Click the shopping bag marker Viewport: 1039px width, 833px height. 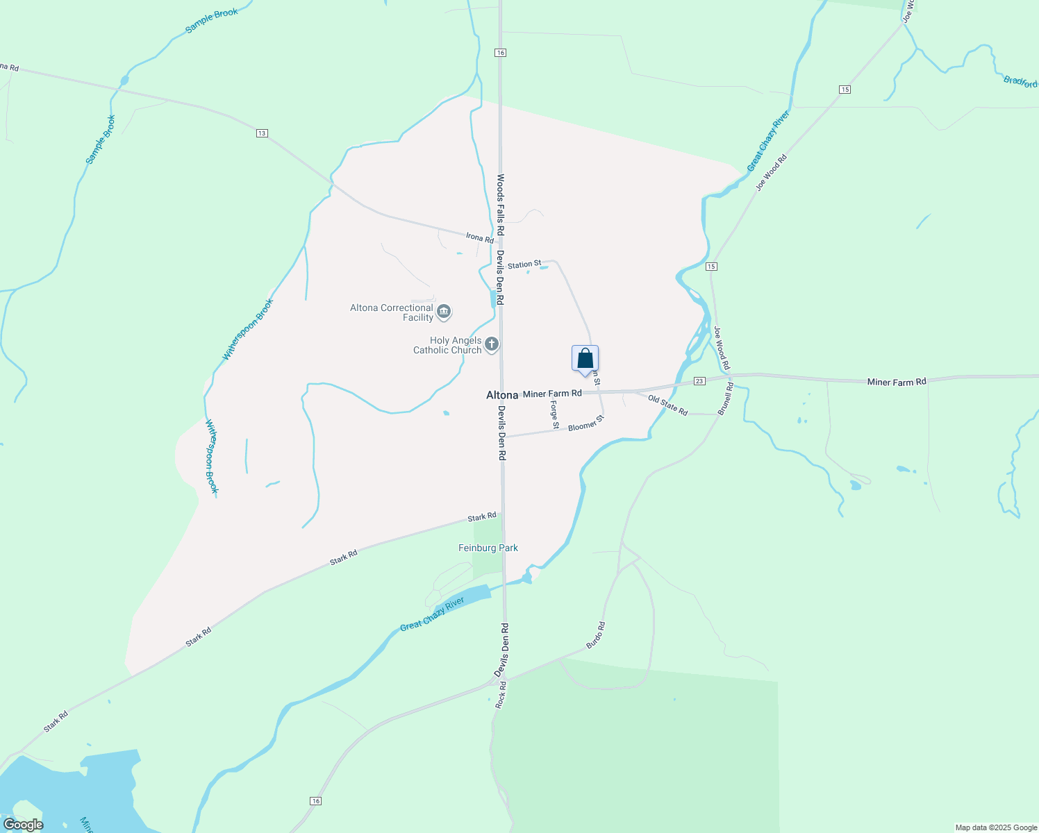(585, 359)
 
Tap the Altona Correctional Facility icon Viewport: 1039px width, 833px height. (444, 312)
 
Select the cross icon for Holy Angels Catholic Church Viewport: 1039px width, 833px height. (491, 344)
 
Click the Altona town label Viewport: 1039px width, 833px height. (502, 395)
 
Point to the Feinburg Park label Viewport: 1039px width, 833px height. (488, 548)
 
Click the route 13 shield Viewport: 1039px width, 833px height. (262, 133)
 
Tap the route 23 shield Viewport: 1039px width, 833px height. (699, 381)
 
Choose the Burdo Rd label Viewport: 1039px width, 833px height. (596, 635)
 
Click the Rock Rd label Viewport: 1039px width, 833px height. (501, 694)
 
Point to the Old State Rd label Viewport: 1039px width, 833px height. (667, 405)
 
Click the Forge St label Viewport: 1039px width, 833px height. (554, 414)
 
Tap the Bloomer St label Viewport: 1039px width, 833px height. (586, 423)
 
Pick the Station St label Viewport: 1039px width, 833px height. (524, 264)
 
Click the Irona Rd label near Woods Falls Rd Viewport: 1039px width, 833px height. (480, 237)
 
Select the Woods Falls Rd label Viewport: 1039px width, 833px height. (500, 205)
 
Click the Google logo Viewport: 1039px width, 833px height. (23, 825)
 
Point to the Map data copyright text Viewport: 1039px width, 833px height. (996, 827)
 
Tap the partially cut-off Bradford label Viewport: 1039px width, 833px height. (1020, 81)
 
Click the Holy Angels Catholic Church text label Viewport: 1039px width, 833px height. (447, 345)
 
